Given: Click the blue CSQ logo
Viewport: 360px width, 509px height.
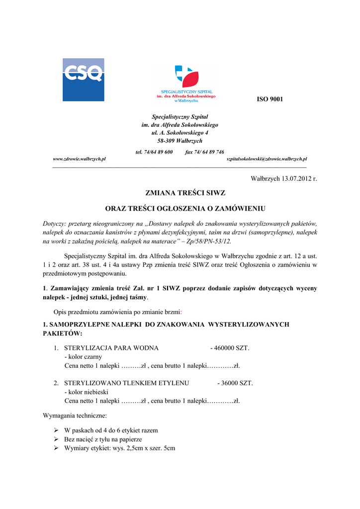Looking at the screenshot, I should click(x=83, y=80).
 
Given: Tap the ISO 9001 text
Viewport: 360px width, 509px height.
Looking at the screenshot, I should click(x=270, y=99).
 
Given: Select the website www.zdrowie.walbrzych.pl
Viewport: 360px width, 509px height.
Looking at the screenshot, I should click(x=80, y=159).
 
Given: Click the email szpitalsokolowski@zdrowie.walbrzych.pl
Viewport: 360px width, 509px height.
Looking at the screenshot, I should click(x=267, y=159).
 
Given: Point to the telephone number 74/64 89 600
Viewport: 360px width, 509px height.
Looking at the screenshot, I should click(x=160, y=152).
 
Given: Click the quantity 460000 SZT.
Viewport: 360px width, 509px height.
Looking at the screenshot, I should click(x=231, y=348).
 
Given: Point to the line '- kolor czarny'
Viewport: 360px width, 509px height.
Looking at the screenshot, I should click(x=83, y=357).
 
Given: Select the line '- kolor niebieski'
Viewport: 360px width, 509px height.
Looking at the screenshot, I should click(x=87, y=392).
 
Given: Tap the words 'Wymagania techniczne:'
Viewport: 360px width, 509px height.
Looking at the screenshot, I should click(x=75, y=415).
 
